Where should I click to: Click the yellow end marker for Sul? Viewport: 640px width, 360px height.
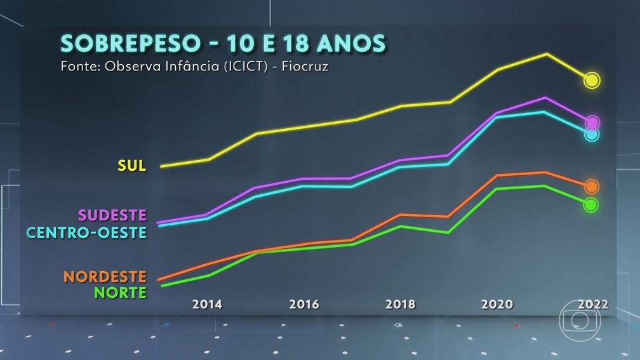point(592,80)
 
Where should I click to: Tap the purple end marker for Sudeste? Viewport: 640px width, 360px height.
point(592,122)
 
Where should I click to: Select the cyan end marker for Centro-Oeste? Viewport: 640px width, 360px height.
point(592,134)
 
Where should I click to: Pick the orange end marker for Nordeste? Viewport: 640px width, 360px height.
point(591,186)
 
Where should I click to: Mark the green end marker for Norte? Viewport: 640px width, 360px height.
point(590,204)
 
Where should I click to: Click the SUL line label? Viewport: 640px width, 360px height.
point(132,166)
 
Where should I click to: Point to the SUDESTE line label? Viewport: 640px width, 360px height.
point(112,215)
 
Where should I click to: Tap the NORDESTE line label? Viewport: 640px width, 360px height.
point(105,277)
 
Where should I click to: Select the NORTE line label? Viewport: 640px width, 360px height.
point(120,293)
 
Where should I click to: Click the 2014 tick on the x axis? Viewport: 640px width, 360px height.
point(207,305)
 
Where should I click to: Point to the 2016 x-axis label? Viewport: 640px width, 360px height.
point(303,305)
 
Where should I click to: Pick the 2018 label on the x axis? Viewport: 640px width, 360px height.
point(400,305)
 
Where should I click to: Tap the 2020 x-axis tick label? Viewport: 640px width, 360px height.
point(497,305)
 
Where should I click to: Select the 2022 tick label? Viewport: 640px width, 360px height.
point(593,305)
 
